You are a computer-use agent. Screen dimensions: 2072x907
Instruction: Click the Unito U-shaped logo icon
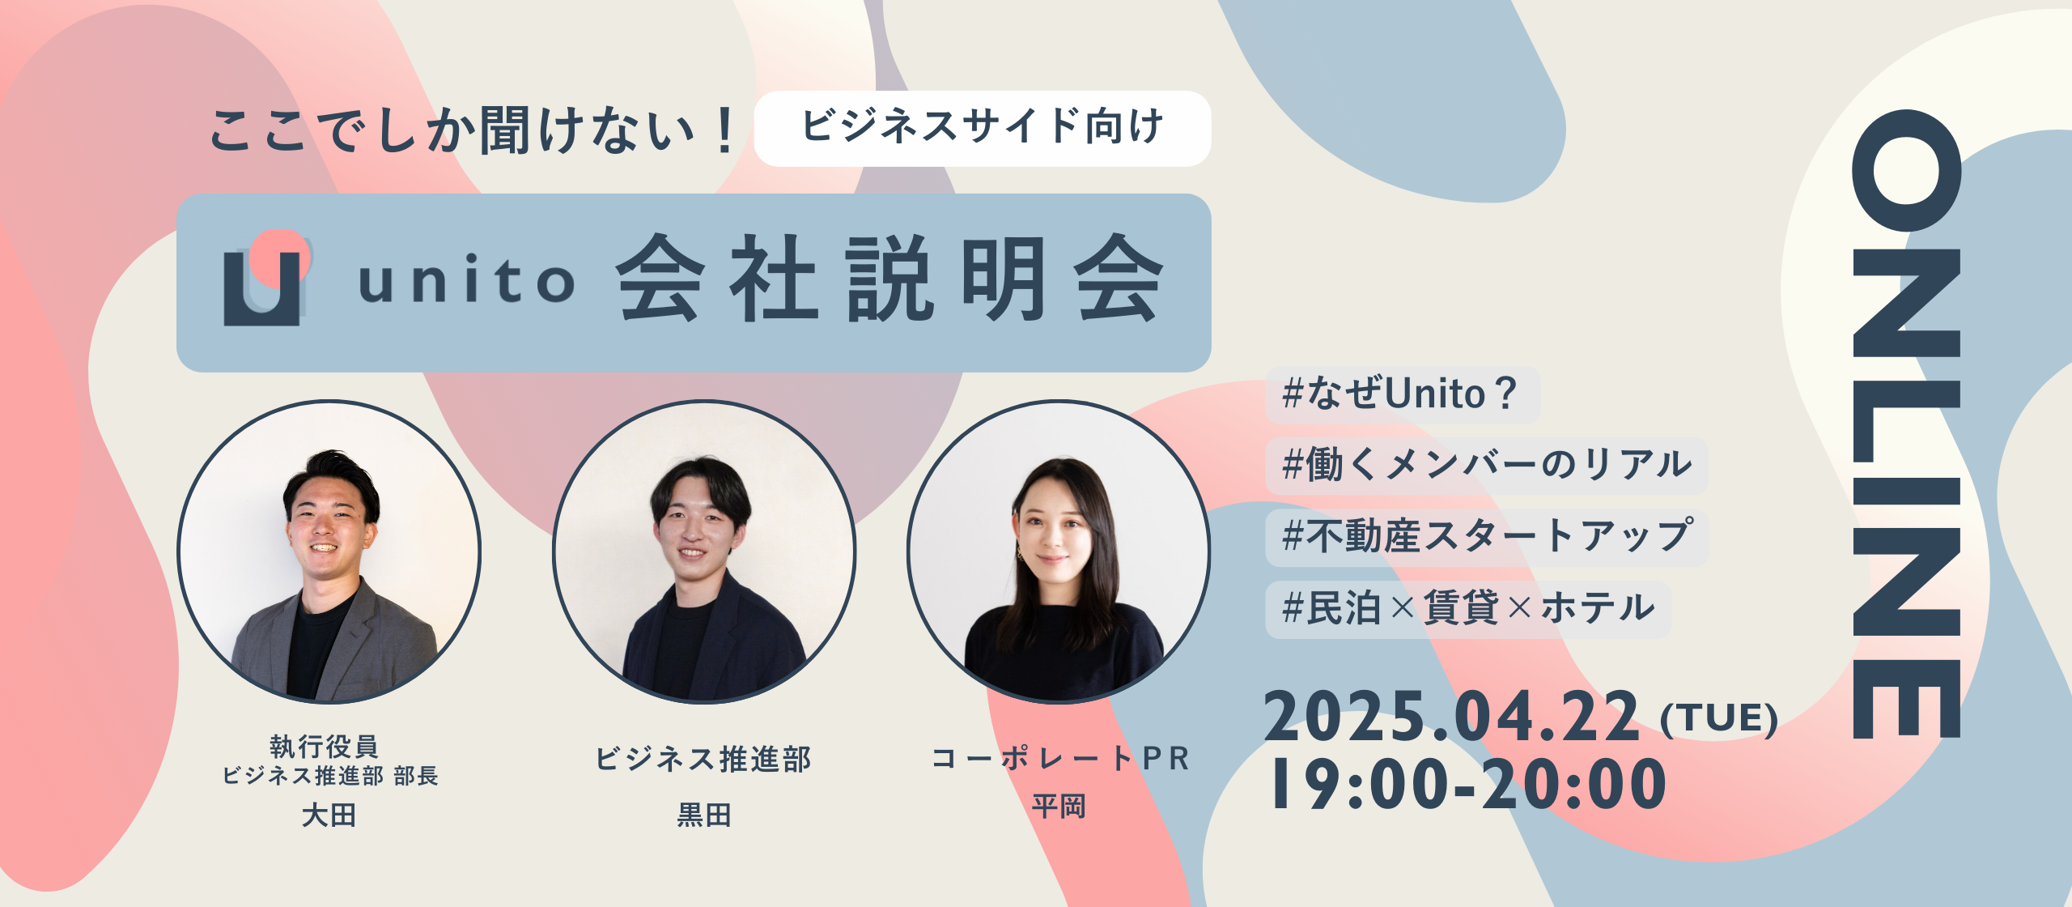[265, 279]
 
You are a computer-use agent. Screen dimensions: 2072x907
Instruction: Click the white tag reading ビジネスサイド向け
[983, 128]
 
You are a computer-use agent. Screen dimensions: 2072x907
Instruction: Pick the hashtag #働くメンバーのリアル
[1487, 466]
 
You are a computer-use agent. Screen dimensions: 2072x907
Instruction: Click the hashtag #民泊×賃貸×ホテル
[1468, 608]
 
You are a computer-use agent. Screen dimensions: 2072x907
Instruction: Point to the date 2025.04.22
[1452, 718]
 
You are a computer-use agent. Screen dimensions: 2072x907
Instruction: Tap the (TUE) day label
[1719, 718]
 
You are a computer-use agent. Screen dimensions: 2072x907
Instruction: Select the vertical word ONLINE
[1906, 424]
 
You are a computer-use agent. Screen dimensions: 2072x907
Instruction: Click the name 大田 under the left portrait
[329, 815]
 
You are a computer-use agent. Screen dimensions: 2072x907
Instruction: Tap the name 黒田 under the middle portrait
[704, 815]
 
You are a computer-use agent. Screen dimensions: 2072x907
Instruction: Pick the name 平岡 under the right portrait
[1059, 807]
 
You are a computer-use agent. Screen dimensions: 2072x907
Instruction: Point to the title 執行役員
[324, 745]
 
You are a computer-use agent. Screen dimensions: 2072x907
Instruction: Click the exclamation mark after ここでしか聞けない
[724, 130]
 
